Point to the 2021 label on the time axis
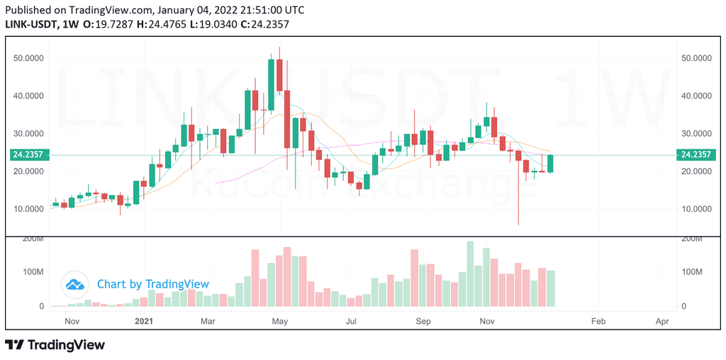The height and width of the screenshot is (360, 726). pos(145,320)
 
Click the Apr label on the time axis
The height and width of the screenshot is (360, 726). pos(664,320)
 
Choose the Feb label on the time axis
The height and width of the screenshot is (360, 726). pos(598,320)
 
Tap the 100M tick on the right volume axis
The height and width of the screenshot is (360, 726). pos(693,271)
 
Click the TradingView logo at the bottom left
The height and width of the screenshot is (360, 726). pos(55,344)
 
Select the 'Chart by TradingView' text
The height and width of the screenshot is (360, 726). pos(153,283)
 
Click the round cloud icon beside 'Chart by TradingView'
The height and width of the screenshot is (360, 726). pos(75,283)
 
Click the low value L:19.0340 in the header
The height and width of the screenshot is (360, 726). pos(214,24)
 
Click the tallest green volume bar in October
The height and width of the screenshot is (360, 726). pos(470,274)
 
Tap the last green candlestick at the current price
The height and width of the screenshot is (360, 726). pos(550,164)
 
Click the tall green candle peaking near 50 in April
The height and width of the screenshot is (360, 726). pos(272,84)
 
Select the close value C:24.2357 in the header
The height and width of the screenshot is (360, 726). pos(265,24)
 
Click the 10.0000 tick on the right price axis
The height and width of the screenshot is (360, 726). pos(696,208)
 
